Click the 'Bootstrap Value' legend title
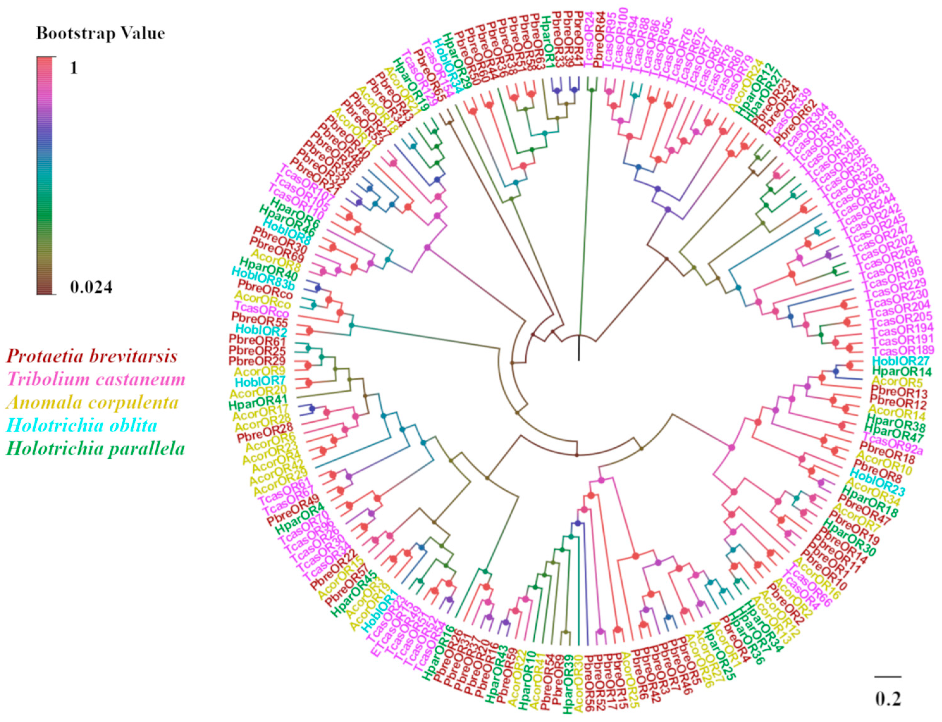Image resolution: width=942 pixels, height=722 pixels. tap(100, 34)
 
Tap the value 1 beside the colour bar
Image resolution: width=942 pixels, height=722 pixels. tap(74, 68)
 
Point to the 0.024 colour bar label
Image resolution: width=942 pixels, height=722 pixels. tap(91, 287)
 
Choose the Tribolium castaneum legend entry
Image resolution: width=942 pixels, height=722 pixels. tap(96, 379)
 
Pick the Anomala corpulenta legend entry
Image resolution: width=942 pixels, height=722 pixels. tap(92, 403)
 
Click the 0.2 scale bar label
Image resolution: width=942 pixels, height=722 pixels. tap(888, 699)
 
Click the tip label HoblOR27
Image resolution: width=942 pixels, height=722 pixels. tap(901, 361)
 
